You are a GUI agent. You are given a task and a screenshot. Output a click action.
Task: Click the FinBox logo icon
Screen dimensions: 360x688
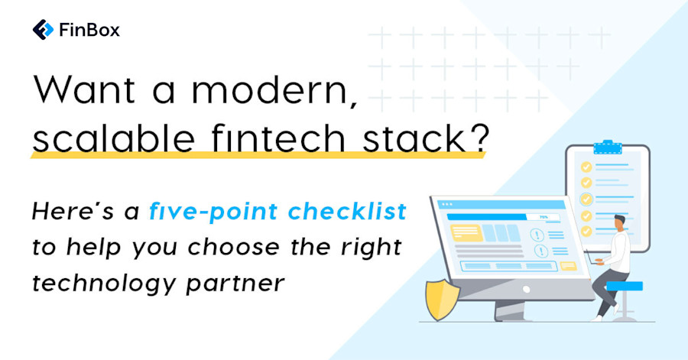(43, 31)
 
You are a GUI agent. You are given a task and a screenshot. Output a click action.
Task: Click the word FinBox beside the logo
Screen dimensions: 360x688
(89, 31)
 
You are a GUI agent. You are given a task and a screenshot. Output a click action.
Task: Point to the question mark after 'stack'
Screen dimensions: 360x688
(477, 140)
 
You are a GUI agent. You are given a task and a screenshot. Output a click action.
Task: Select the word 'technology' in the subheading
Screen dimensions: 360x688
(96, 282)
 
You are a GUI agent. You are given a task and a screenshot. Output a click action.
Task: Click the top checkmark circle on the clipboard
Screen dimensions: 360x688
(586, 166)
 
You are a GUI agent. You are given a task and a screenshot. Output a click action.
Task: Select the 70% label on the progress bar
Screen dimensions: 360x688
(544, 217)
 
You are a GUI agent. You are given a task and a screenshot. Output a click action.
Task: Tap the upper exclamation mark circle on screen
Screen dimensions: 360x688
(542, 230)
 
